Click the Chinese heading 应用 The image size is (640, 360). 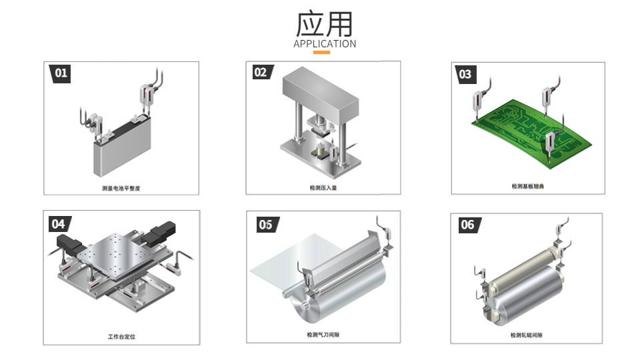pyautogui.click(x=325, y=24)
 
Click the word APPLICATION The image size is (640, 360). pyautogui.click(x=325, y=44)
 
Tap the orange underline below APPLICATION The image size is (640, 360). pyautogui.click(x=321, y=52)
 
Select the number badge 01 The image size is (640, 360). pyautogui.click(x=61, y=73)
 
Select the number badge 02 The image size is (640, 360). pyautogui.click(x=260, y=72)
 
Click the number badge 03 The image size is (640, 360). pyautogui.click(x=465, y=74)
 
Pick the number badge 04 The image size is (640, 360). pyautogui.click(x=59, y=224)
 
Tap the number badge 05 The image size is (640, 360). pyautogui.click(x=266, y=225)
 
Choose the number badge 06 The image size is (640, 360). pyautogui.click(x=467, y=225)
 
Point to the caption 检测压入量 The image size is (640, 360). pyautogui.click(x=323, y=188)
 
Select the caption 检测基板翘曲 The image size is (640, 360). pyautogui.click(x=528, y=187)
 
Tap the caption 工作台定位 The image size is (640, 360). pyautogui.click(x=121, y=337)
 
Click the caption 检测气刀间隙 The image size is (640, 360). pyautogui.click(x=323, y=335)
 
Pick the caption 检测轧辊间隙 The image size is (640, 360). pyautogui.click(x=527, y=335)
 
